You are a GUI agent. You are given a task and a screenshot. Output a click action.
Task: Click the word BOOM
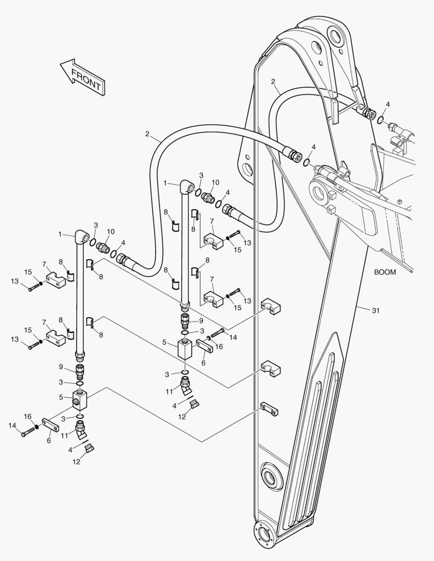[385, 272]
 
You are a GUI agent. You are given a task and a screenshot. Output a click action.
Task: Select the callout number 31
[375, 311]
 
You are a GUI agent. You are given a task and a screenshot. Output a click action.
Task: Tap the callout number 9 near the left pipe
[61, 367]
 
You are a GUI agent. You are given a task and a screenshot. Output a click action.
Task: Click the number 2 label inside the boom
[273, 82]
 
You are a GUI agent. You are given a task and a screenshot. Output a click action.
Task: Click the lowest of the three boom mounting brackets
[270, 410]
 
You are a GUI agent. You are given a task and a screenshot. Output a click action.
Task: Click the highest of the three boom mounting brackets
[271, 307]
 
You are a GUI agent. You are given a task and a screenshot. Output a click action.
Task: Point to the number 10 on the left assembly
[110, 231]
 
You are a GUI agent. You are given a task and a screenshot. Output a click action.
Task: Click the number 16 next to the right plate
[218, 346]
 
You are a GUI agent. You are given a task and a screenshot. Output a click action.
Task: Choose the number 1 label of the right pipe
[165, 183]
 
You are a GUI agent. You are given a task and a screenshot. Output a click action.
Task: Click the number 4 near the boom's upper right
[387, 105]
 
